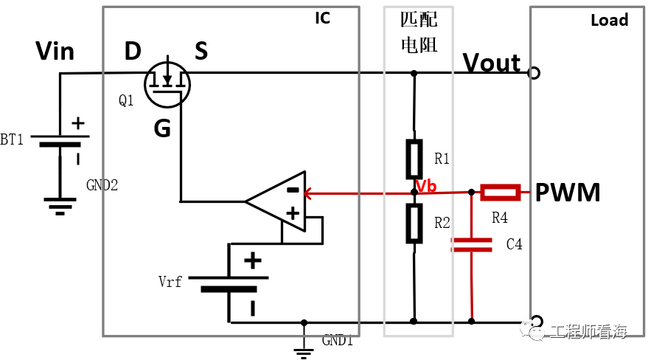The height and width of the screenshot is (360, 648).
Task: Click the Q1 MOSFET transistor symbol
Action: (167, 84)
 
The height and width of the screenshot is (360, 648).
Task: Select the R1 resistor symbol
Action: (414, 159)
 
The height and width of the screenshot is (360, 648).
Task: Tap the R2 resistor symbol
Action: (414, 224)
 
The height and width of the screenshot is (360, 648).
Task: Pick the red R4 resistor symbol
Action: (500, 193)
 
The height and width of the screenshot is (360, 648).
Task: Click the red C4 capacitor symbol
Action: (472, 245)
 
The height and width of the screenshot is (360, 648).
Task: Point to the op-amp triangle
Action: (275, 201)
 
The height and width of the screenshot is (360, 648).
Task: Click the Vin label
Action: (55, 51)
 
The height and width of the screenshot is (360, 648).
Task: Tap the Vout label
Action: (492, 63)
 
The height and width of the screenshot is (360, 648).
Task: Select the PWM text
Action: (568, 193)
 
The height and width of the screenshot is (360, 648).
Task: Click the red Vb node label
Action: (426, 187)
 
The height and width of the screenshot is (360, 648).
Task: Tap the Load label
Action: (610, 20)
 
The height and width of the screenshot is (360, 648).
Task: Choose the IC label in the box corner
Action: (322, 18)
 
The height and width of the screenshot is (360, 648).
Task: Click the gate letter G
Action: (162, 128)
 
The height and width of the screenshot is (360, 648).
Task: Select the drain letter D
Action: (133, 51)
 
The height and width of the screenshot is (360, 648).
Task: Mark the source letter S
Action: (201, 51)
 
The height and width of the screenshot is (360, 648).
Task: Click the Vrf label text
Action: (170, 282)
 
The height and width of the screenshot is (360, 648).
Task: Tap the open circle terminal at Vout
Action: (534, 73)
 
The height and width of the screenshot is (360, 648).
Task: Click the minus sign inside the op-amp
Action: (293, 190)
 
